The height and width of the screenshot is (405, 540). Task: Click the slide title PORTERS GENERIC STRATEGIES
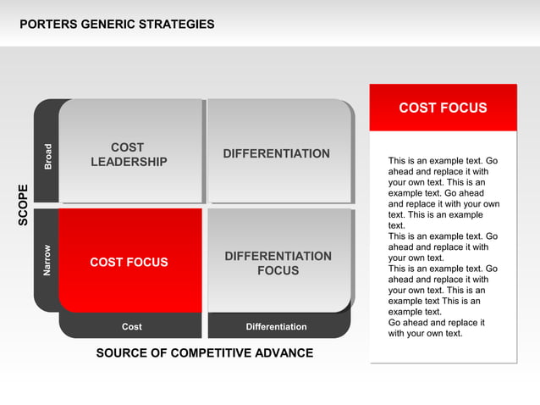pos(117,24)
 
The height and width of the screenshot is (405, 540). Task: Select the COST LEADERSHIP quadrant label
pos(129,154)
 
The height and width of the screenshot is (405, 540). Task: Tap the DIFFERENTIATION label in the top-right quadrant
pos(276,153)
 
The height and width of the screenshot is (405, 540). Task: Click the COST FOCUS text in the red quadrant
pos(129,263)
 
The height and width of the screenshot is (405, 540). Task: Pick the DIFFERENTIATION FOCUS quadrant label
pos(278,263)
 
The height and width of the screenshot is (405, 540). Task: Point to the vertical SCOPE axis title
pos(24,204)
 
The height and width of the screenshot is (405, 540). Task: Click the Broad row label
pos(47,155)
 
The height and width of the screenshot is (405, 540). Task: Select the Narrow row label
pos(47,260)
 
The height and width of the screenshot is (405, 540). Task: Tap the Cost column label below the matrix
pos(131,327)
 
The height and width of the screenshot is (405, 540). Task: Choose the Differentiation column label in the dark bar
pos(276,327)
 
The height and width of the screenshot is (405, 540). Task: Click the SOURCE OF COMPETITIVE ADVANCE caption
pos(204,352)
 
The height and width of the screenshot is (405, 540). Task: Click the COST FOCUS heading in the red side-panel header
pos(443,108)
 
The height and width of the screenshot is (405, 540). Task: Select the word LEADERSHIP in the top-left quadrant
pos(129,162)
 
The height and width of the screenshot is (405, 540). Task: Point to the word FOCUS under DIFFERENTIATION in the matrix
pos(278,271)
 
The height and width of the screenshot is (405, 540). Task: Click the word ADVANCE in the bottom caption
pos(284,352)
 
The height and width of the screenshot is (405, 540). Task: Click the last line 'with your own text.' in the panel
pos(425,333)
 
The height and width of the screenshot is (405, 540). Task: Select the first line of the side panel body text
pos(443,160)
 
